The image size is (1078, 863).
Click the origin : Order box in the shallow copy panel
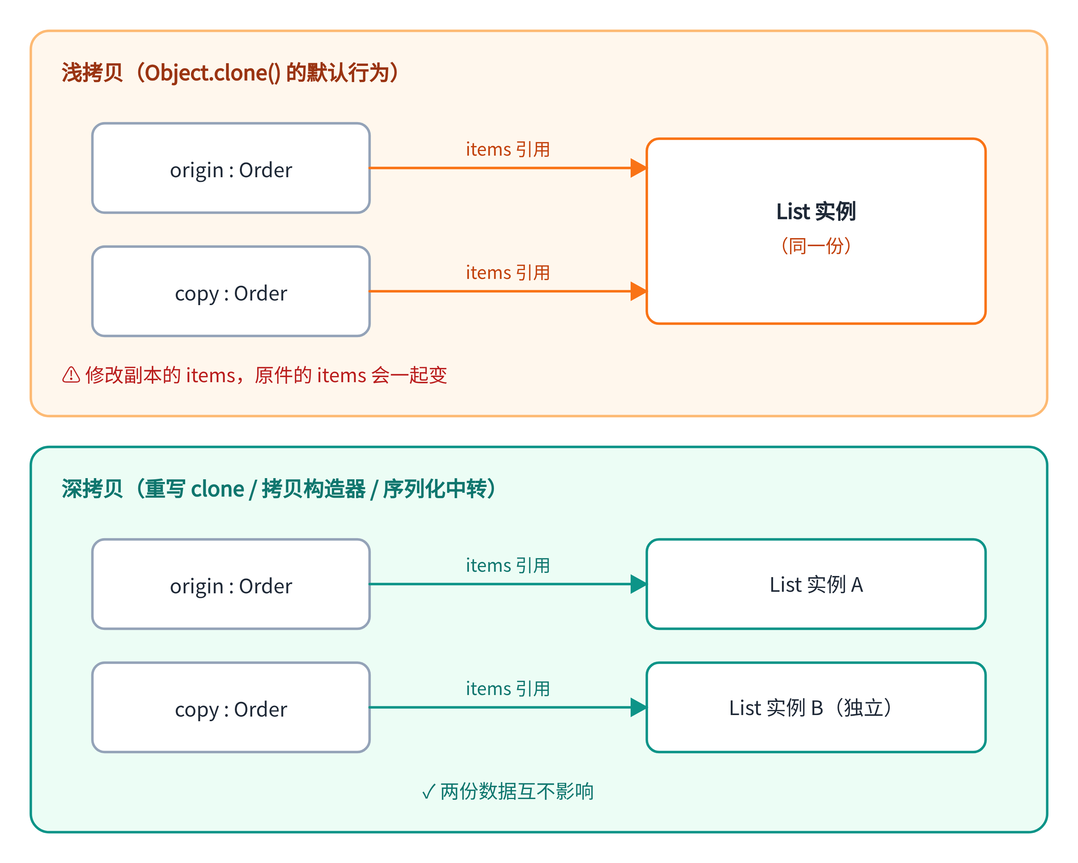231,168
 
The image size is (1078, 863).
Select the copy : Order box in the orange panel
231,291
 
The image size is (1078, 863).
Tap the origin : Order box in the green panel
231,584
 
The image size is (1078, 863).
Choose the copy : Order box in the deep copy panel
231,707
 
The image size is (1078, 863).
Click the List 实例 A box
816,584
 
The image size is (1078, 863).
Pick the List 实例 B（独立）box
816,707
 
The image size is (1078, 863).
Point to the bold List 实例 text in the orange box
816,211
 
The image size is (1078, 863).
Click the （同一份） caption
816,246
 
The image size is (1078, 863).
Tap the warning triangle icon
71,375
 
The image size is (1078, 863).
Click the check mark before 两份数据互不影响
429,791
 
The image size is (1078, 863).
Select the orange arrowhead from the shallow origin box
638,168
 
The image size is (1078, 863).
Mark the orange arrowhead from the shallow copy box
638,291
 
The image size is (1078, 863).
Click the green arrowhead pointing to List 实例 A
638,584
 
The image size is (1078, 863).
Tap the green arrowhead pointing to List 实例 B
638,707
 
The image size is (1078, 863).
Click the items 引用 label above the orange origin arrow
507,149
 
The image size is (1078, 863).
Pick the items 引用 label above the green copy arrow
507,688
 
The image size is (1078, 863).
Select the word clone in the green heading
218,489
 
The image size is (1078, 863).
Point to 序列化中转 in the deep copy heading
435,489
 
